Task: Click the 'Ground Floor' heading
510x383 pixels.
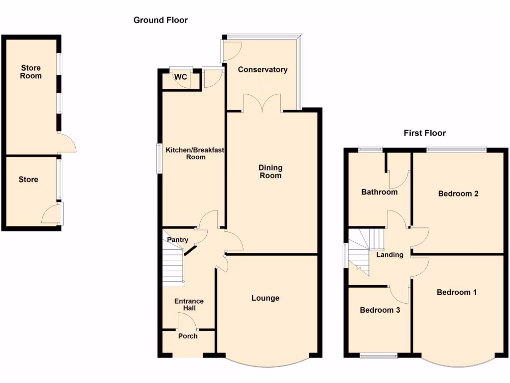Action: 160,20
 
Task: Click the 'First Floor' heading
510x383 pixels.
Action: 424,133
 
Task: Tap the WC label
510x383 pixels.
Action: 181,77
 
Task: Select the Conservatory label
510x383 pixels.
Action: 262,70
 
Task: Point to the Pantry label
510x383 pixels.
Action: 177,240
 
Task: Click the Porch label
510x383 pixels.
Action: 188,336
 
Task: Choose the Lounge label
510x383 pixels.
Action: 265,298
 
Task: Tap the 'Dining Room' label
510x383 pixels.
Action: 270,172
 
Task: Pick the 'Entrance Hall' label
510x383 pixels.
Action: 189,305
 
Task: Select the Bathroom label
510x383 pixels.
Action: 380,192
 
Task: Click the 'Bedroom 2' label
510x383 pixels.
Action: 458,193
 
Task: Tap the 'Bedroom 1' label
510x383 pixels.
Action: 457,292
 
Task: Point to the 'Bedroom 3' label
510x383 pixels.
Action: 380,310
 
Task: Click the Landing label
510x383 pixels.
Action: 389,255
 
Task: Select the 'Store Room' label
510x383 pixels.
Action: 31,72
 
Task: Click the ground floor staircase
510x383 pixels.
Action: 174,267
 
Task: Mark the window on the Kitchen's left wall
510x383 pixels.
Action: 159,159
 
